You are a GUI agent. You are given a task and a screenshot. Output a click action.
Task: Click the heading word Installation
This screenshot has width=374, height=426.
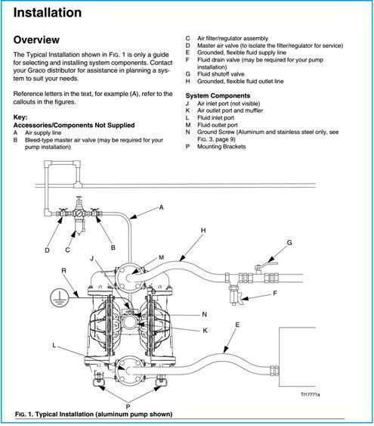[48, 13]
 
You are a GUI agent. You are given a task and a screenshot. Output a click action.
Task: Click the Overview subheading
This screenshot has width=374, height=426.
[36, 39]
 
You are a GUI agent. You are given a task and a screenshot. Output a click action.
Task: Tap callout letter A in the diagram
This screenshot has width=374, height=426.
[162, 207]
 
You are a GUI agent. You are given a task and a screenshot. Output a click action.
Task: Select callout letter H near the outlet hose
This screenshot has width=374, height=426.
[203, 230]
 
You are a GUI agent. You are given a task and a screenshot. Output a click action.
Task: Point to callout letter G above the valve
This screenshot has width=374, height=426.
[289, 243]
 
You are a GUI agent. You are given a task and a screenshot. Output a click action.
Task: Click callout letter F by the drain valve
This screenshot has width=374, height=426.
[275, 294]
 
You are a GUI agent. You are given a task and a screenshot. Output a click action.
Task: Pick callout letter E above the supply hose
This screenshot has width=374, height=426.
[237, 325]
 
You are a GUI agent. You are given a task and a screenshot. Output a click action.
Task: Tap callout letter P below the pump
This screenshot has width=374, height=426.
[128, 407]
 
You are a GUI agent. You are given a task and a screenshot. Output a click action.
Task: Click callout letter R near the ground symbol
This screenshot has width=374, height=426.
[63, 271]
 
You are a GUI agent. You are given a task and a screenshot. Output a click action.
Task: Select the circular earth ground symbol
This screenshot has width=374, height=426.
[59, 298]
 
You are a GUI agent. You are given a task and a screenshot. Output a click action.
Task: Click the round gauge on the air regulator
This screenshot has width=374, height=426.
[79, 213]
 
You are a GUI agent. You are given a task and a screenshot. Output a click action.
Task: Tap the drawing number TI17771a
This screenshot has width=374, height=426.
[311, 394]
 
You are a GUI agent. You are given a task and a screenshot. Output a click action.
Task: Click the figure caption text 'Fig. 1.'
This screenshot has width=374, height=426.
[24, 415]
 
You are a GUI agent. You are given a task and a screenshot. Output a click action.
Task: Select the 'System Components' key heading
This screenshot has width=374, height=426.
[218, 95]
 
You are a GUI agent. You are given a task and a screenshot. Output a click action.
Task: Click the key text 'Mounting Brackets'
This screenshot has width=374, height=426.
[221, 147]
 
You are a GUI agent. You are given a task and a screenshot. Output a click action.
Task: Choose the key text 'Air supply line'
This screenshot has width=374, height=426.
[43, 133]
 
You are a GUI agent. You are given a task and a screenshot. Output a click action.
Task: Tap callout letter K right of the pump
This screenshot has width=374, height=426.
[205, 331]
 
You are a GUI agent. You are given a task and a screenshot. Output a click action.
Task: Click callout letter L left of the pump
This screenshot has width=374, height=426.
[54, 345]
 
